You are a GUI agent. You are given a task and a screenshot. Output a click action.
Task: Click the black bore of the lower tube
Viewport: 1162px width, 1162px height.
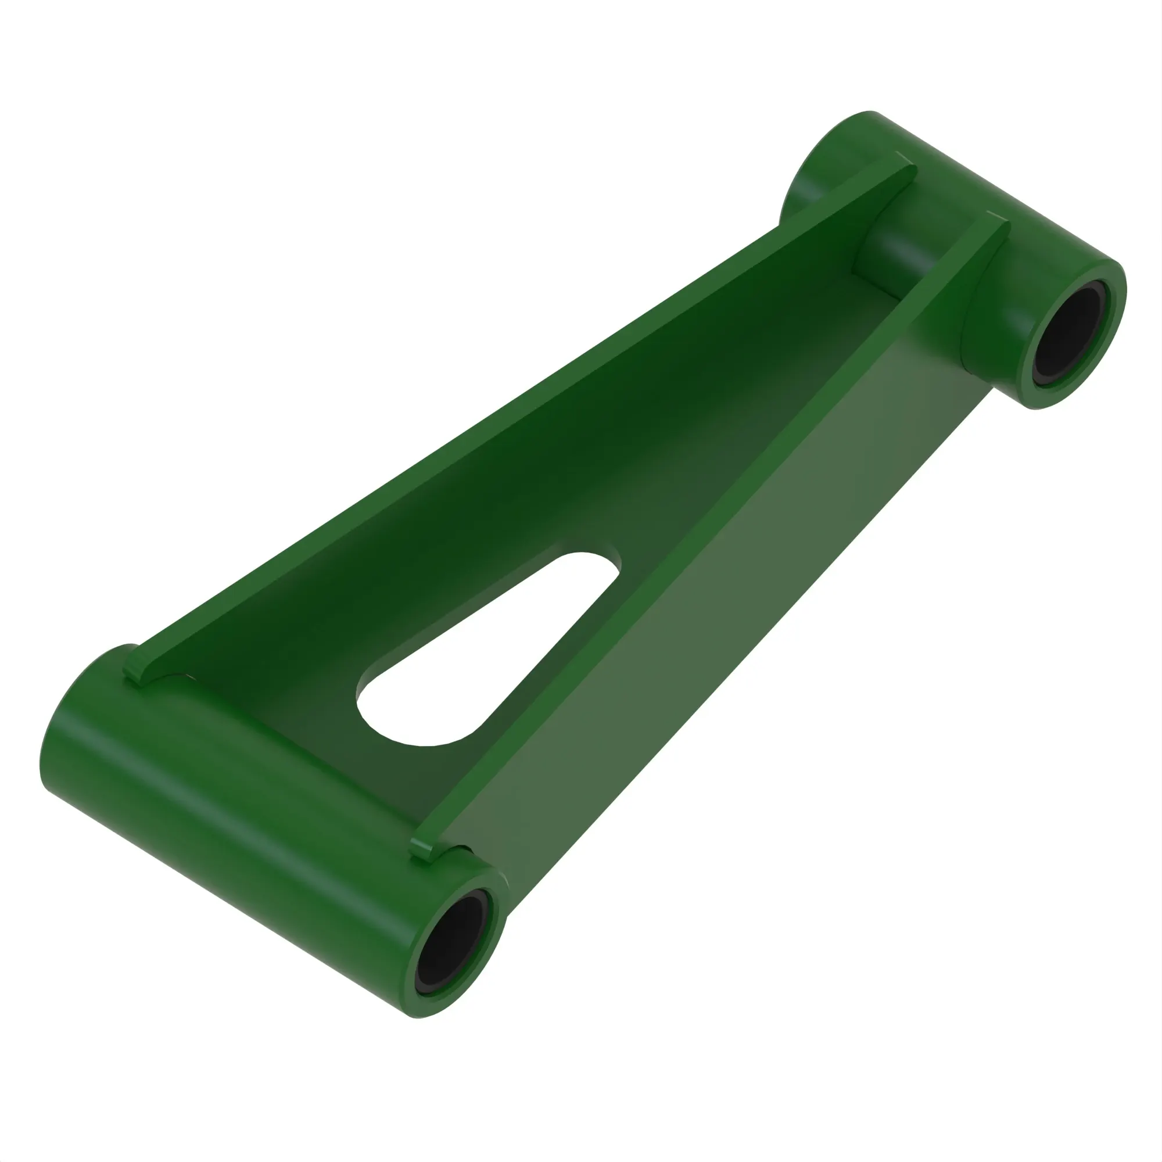coord(452,956)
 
